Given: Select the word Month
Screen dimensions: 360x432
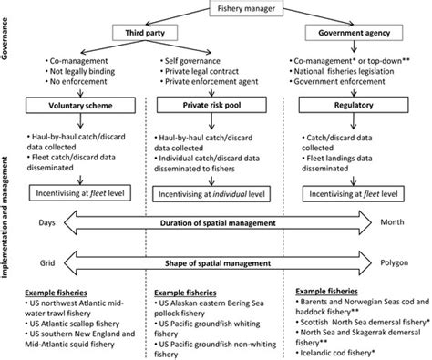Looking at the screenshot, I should click(406, 222).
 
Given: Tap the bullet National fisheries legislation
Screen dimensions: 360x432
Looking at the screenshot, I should click(357, 69).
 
